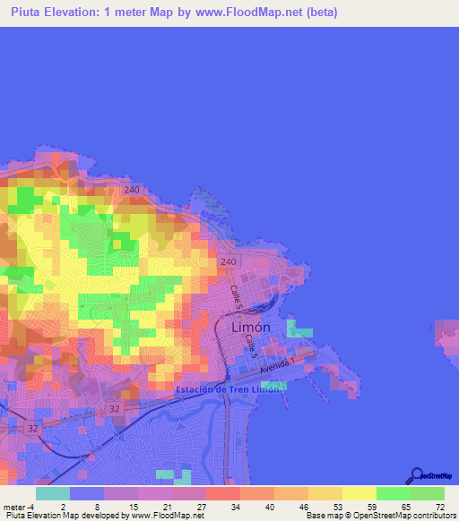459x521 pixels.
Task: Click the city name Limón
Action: click(x=251, y=328)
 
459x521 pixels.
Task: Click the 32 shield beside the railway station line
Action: click(x=116, y=407)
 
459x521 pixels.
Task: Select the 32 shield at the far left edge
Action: click(x=32, y=428)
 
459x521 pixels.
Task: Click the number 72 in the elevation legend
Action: click(x=438, y=507)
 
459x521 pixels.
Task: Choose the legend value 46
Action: click(x=302, y=507)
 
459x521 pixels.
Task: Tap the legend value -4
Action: click(x=30, y=507)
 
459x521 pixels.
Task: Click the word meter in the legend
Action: click(x=13, y=507)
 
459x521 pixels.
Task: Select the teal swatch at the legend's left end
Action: click(x=53, y=493)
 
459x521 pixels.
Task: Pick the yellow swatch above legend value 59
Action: click(x=359, y=493)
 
